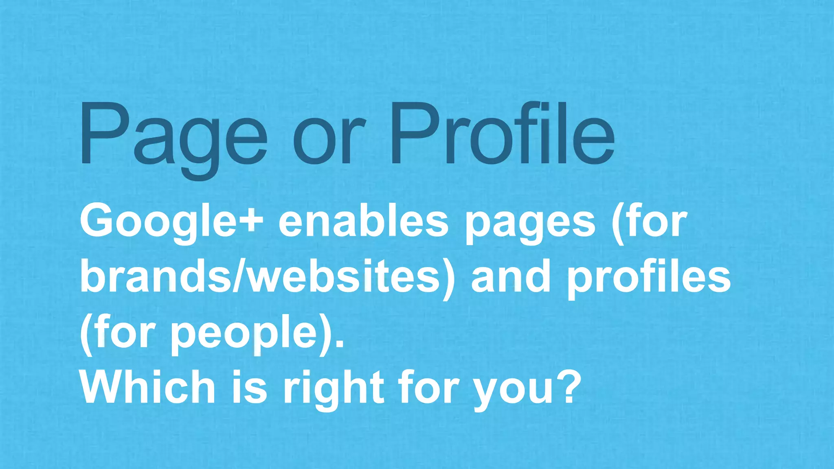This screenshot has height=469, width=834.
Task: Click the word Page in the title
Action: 173,134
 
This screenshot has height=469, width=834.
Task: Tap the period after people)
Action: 340,345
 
